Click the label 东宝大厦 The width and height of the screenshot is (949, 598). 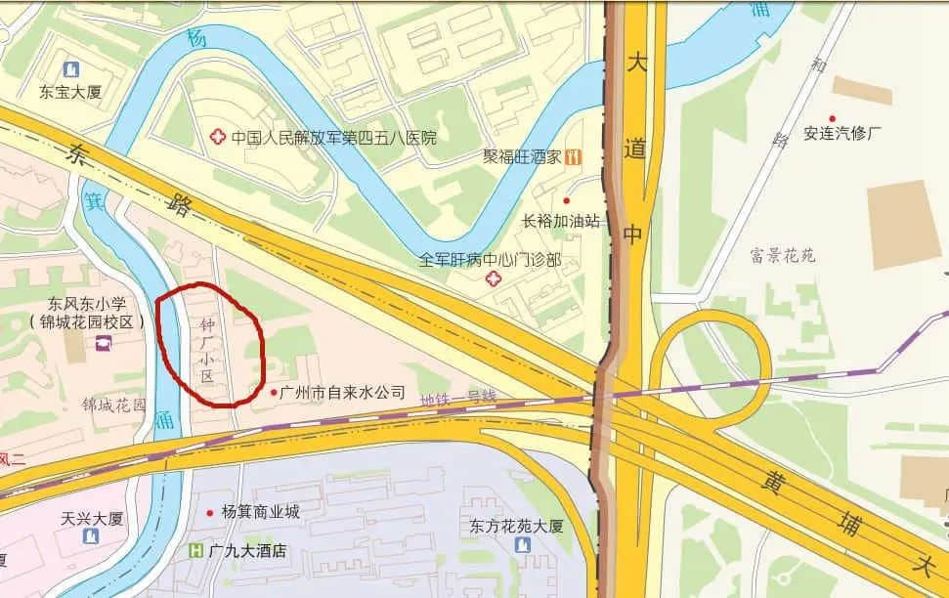pyautogui.click(x=70, y=94)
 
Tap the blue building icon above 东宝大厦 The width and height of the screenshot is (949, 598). pyautogui.click(x=70, y=69)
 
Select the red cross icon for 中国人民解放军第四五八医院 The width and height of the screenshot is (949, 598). pyautogui.click(x=217, y=137)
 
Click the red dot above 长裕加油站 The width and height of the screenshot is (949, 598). pyautogui.click(x=566, y=200)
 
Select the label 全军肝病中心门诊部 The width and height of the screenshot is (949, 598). pyautogui.click(x=491, y=260)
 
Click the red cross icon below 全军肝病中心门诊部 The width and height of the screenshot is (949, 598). pyautogui.click(x=492, y=280)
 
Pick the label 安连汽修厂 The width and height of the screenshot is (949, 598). pyautogui.click(x=842, y=134)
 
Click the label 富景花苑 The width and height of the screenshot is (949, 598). pyautogui.click(x=783, y=257)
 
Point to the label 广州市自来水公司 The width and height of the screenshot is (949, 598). pyautogui.click(x=342, y=392)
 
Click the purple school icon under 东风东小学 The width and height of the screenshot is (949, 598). pyautogui.click(x=103, y=343)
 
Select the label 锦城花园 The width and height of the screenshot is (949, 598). pyautogui.click(x=114, y=404)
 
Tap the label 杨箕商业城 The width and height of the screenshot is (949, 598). pyautogui.click(x=261, y=512)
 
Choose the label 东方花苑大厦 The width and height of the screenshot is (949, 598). pyautogui.click(x=516, y=526)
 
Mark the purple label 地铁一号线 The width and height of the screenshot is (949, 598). pyautogui.click(x=458, y=398)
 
